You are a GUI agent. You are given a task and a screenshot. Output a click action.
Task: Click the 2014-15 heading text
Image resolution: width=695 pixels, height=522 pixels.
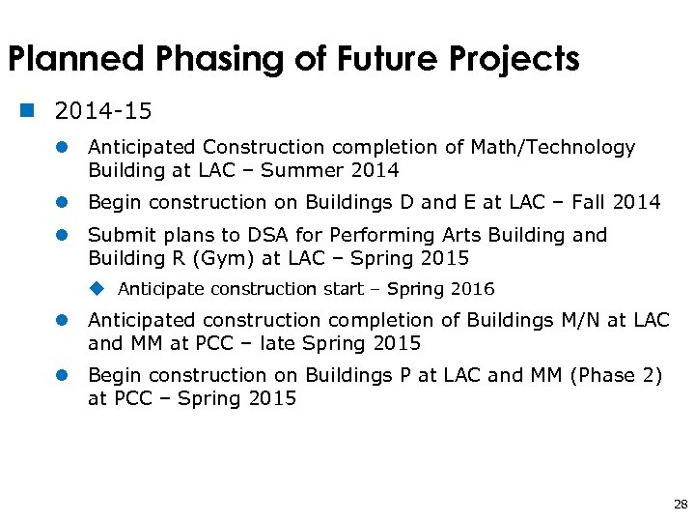tap(103, 111)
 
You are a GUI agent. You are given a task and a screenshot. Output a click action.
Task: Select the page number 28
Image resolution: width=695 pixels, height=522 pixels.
tap(681, 505)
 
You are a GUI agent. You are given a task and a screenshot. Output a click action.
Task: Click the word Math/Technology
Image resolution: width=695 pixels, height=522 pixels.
tap(553, 147)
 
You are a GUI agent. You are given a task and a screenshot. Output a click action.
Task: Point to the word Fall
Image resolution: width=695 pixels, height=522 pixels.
tap(590, 202)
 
